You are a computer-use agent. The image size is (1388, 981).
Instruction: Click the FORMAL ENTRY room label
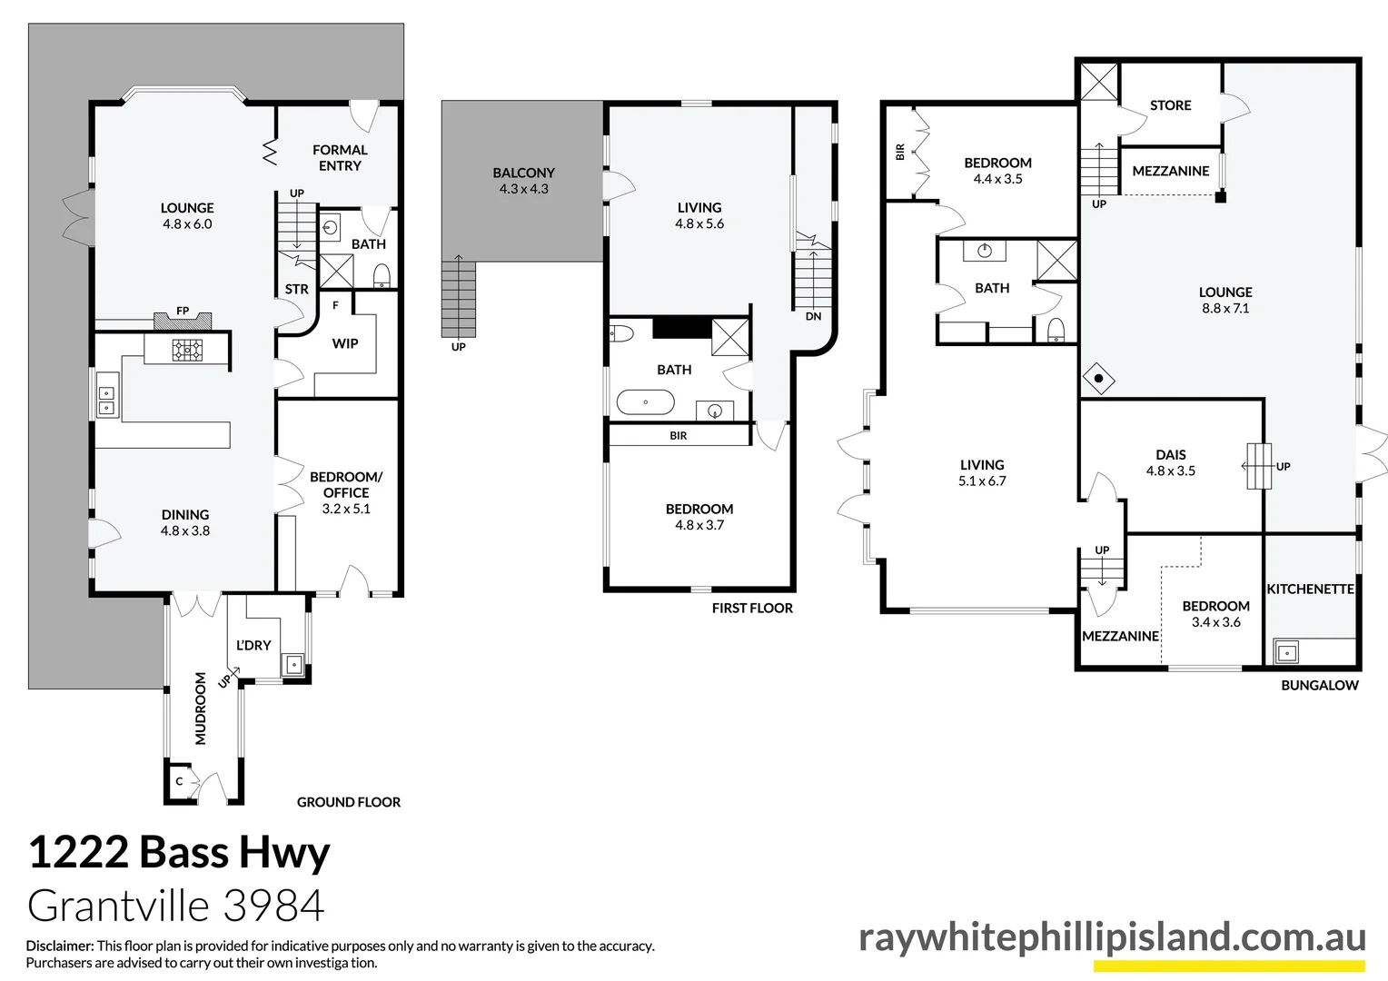point(340,157)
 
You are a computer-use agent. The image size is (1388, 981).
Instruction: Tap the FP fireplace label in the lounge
point(183,311)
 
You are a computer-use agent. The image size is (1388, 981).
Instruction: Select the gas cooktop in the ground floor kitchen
point(187,350)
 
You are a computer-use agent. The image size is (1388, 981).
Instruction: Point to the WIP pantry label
point(345,343)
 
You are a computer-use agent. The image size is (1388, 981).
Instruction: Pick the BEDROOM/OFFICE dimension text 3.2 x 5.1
point(346,509)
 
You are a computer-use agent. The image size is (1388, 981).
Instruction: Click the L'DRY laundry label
point(253,645)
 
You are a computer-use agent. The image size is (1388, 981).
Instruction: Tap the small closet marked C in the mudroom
point(179,781)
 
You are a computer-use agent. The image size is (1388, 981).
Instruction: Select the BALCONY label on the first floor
point(523,173)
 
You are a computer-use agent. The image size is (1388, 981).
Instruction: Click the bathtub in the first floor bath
point(645,402)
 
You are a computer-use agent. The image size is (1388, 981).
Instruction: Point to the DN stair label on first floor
point(813,316)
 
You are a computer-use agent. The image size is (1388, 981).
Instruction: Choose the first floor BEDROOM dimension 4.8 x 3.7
point(699,525)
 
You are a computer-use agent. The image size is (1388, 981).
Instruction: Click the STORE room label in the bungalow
point(1171,105)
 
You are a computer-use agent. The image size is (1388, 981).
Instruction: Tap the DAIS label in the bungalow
point(1171,455)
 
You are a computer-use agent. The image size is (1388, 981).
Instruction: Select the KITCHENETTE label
point(1310,589)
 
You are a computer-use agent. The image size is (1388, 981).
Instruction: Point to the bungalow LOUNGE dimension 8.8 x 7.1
point(1225,308)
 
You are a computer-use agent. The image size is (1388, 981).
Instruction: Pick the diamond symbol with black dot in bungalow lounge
point(1098,378)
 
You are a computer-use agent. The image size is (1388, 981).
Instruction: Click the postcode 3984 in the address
point(273,906)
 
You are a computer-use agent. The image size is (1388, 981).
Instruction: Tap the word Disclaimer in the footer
point(60,946)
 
